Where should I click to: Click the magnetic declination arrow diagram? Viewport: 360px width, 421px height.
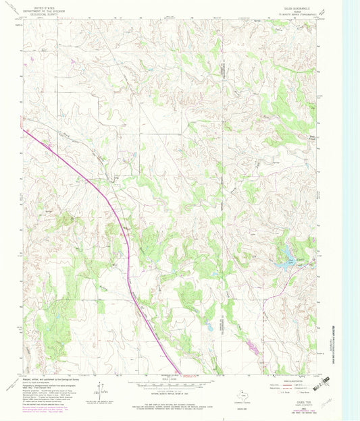coord(101,389)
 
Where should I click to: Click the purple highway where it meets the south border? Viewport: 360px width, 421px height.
coord(184,370)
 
